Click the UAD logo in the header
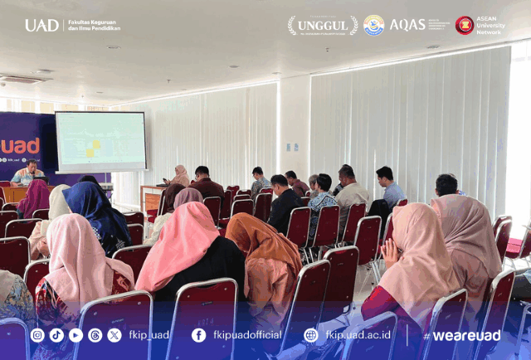(x=41, y=25)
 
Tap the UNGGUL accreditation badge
(x=323, y=25)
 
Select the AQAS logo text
(x=407, y=25)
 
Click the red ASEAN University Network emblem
(x=465, y=25)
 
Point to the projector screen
(x=100, y=142)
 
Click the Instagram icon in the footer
(x=37, y=335)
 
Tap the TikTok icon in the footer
(x=56, y=335)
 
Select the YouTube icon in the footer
(x=76, y=335)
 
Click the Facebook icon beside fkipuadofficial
(x=198, y=335)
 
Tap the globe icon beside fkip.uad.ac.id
(x=311, y=335)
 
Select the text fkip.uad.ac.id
(x=358, y=335)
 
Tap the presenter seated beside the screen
(x=27, y=173)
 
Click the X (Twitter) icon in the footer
(x=114, y=335)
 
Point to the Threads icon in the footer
(x=95, y=335)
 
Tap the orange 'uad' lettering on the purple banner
(x=20, y=147)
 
